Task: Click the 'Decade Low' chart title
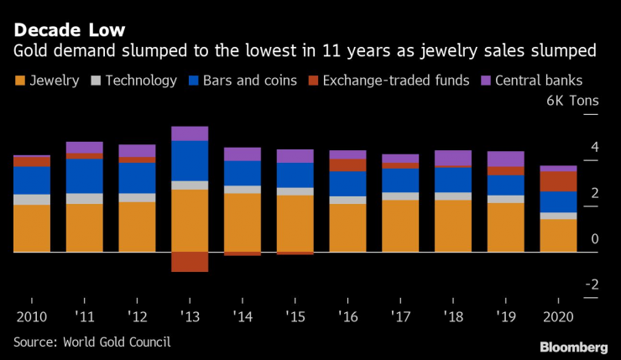pyautogui.click(x=70, y=30)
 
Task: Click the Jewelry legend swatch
pyautogui.click(x=21, y=81)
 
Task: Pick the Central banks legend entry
pyautogui.click(x=537, y=81)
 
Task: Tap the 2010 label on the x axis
pyautogui.click(x=31, y=318)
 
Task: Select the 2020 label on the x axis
pyautogui.click(x=557, y=318)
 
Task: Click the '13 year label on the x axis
pyautogui.click(x=190, y=318)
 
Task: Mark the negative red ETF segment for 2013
pyautogui.click(x=190, y=262)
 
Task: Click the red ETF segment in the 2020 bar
pyautogui.click(x=558, y=181)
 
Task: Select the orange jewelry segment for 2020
pyautogui.click(x=558, y=235)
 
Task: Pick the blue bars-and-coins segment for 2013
pyautogui.click(x=190, y=160)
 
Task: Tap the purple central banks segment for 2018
pyautogui.click(x=453, y=158)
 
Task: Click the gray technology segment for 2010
pyautogui.click(x=31, y=199)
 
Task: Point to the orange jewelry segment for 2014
pyautogui.click(x=243, y=222)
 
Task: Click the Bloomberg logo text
pyautogui.click(x=573, y=347)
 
